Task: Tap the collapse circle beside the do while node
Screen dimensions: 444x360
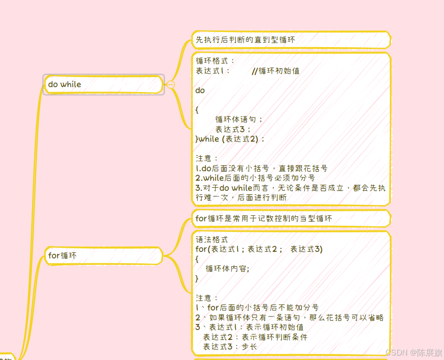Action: click(171, 85)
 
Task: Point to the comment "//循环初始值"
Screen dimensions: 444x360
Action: click(275, 71)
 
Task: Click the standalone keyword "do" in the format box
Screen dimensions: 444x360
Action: click(200, 91)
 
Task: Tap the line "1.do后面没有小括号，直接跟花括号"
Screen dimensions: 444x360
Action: click(261, 168)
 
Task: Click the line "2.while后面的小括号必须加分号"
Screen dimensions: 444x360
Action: click(255, 178)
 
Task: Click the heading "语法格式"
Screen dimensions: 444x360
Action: click(212, 240)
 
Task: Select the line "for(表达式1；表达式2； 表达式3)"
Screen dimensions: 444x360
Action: click(259, 249)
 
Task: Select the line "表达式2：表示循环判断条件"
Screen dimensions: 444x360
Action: click(255, 337)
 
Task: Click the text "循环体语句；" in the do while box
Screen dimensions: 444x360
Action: click(239, 119)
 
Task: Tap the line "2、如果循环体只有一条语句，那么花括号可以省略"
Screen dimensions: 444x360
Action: click(289, 317)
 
